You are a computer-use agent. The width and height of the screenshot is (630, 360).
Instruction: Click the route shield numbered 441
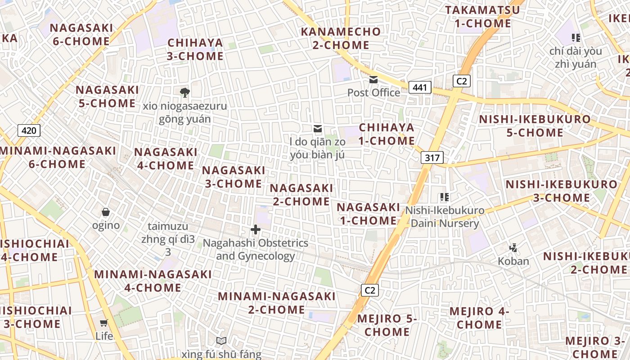(x=420, y=87)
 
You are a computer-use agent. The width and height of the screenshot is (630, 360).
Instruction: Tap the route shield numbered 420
(x=29, y=131)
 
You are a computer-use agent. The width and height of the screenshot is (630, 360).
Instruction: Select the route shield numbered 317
(x=432, y=157)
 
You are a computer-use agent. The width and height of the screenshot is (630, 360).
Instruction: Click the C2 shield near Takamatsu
(x=461, y=81)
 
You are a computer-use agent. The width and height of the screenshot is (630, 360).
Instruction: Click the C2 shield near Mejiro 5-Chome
(x=369, y=290)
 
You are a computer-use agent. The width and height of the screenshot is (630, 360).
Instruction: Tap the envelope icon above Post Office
(x=373, y=80)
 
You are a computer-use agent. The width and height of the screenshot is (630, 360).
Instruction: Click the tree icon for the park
(x=184, y=93)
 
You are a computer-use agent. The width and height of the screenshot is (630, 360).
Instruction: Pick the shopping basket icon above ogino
(x=106, y=212)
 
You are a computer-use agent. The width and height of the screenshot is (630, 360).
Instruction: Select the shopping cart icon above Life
(x=104, y=323)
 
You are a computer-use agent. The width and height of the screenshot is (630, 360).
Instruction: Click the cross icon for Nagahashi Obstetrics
(x=256, y=230)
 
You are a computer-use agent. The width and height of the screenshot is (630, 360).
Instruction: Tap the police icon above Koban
(x=513, y=247)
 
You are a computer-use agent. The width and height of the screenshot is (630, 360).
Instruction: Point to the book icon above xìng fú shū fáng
(x=221, y=341)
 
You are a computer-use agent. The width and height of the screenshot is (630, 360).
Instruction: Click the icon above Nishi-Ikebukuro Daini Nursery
(x=445, y=197)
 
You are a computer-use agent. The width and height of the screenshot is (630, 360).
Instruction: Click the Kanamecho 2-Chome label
(x=341, y=38)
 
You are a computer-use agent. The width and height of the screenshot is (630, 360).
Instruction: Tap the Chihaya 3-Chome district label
(x=195, y=49)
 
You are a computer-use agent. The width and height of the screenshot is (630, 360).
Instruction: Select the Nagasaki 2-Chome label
(x=301, y=194)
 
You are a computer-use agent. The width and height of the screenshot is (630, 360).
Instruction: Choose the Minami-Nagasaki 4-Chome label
(x=153, y=281)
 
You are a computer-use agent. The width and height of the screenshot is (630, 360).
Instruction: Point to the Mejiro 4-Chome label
(x=479, y=318)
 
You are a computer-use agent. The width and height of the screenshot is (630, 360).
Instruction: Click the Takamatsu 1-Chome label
(x=483, y=17)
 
